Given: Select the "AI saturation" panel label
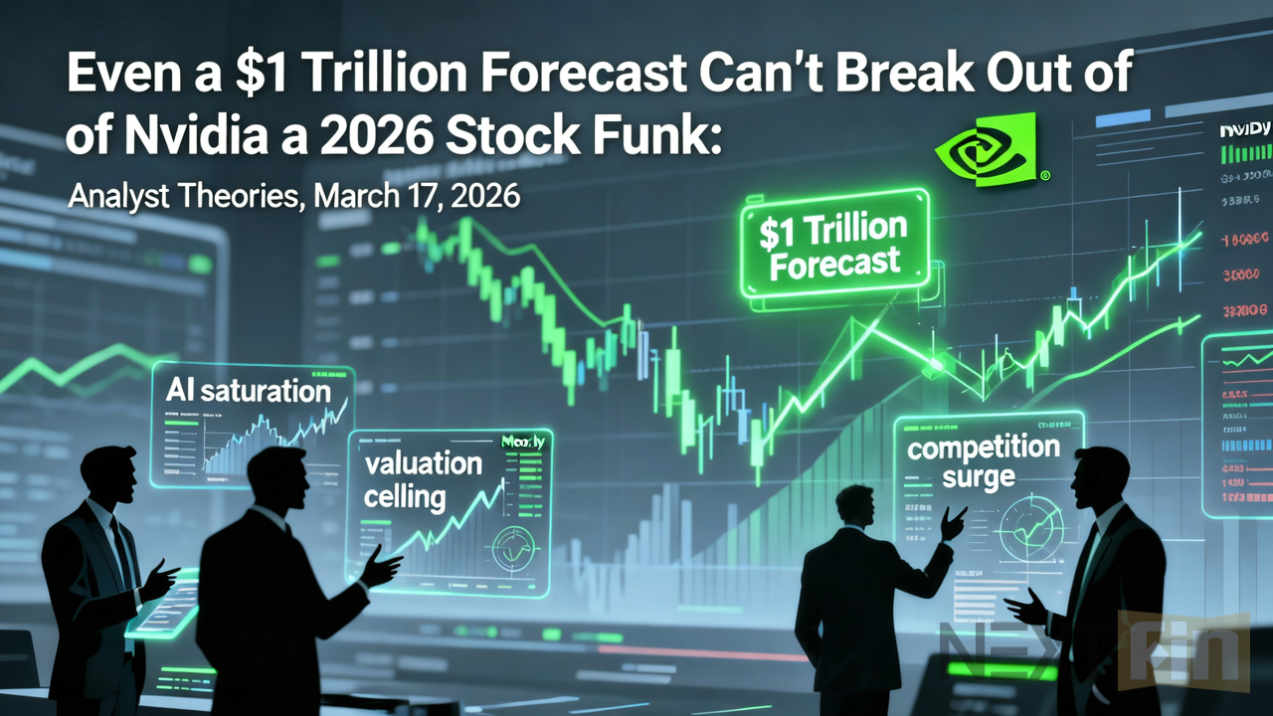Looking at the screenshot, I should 250,390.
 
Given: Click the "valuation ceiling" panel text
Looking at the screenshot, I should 423,478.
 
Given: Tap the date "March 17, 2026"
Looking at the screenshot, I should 417,196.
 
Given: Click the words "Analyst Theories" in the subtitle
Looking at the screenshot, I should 184,196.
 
